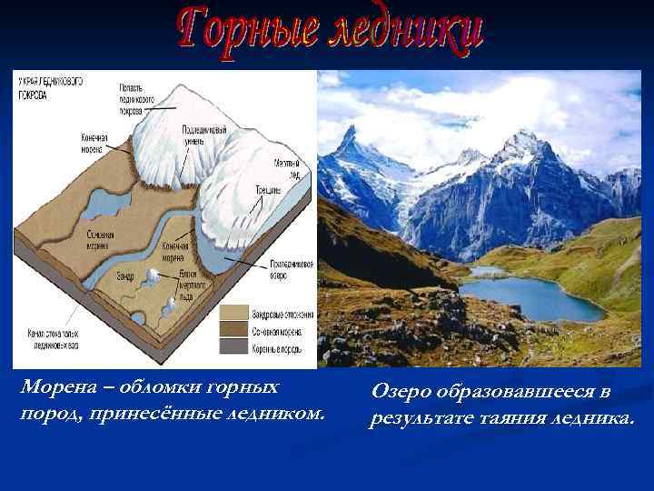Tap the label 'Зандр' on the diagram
(126, 270)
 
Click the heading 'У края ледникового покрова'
(50, 85)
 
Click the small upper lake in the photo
(487, 271)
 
